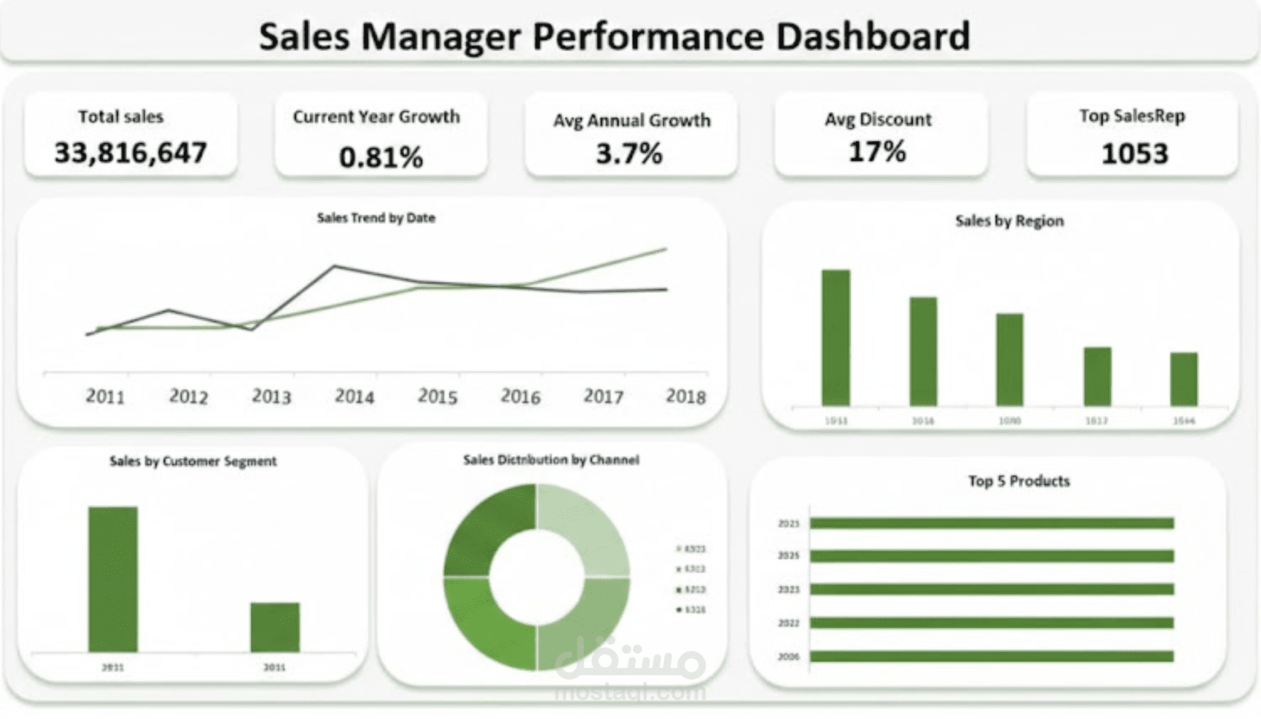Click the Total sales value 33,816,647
[x=131, y=153]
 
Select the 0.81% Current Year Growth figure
[x=381, y=156]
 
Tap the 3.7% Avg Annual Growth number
[x=629, y=153]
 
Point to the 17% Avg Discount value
[x=877, y=152]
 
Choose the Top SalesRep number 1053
[x=1134, y=153]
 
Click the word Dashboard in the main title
[x=872, y=36]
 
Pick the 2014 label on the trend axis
[x=354, y=397]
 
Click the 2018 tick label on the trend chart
[x=685, y=397]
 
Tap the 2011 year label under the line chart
[x=105, y=397]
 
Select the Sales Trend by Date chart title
[x=376, y=218]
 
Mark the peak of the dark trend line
[x=335, y=265]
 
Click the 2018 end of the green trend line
[x=665, y=250]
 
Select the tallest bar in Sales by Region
[x=836, y=337]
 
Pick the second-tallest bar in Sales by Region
[x=923, y=351]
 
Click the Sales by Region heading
[x=1009, y=221]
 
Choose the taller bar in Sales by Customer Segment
[x=113, y=579]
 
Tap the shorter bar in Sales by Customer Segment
[x=274, y=627]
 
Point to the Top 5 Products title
[x=1018, y=481]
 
